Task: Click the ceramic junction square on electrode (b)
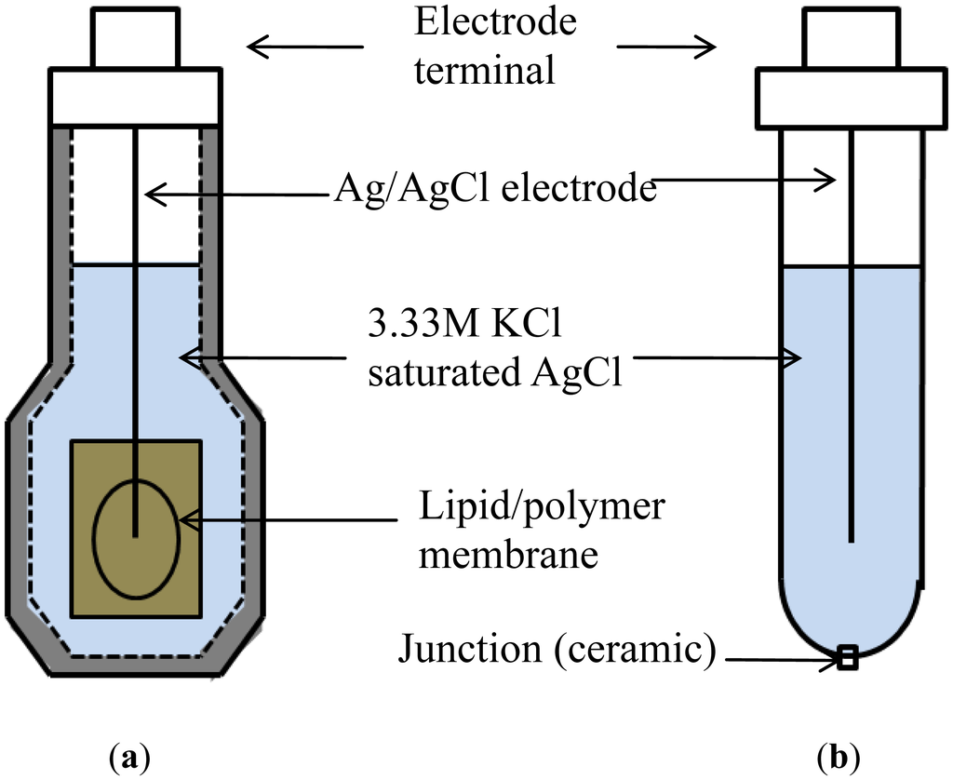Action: (x=846, y=659)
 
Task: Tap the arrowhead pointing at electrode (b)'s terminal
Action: (x=710, y=46)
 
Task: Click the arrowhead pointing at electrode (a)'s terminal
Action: (x=255, y=45)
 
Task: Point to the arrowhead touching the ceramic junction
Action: (x=831, y=661)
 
